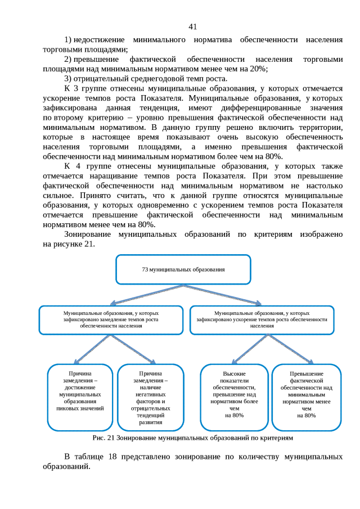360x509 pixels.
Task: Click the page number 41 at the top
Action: pyautogui.click(x=192, y=26)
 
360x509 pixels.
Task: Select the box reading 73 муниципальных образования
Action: pyautogui.click(x=183, y=269)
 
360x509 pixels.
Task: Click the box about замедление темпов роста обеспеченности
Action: pyautogui.click(x=111, y=319)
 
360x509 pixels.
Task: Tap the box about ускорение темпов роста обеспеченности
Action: pyautogui.click(x=262, y=319)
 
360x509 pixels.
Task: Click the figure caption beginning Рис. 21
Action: pyautogui.click(x=192, y=437)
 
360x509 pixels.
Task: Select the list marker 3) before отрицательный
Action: pyautogui.click(x=68, y=78)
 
